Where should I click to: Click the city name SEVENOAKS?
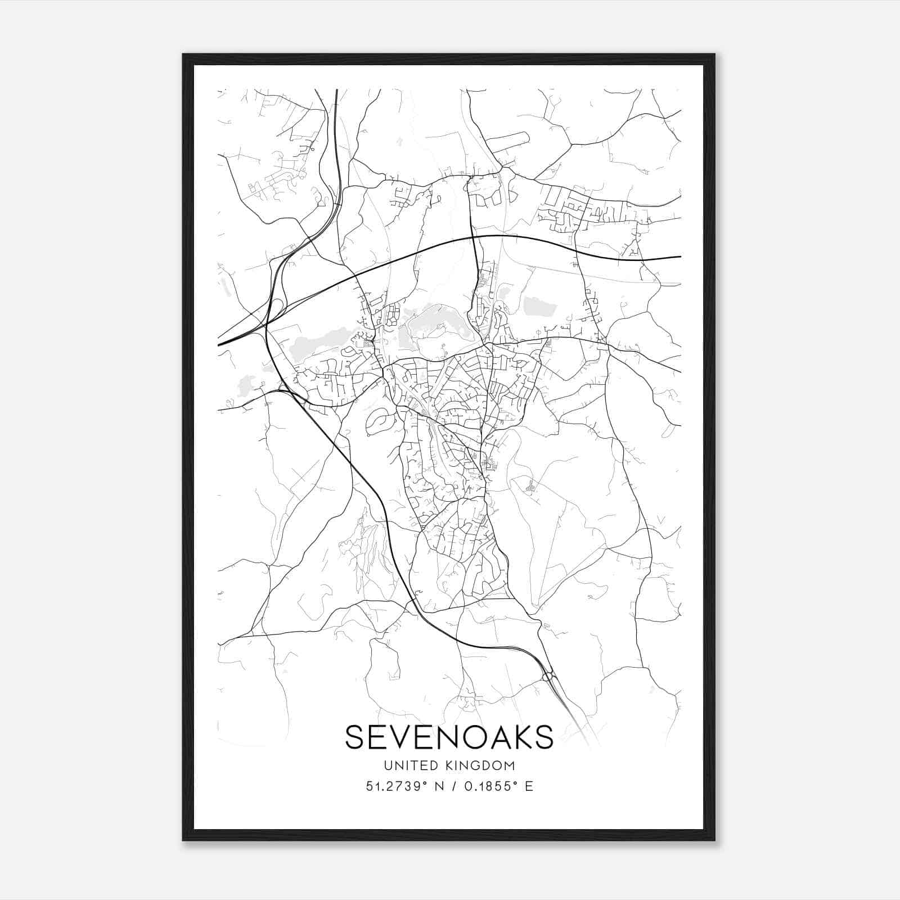click(x=449, y=737)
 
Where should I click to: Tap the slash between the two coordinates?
click(x=452, y=786)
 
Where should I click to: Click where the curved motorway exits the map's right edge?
click(x=680, y=257)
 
